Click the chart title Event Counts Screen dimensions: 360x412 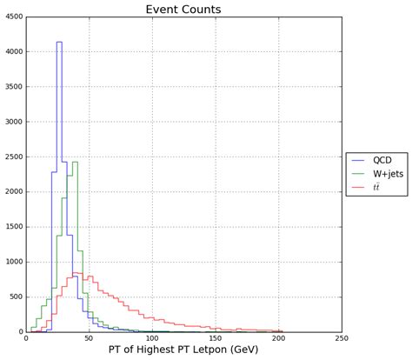pyautogui.click(x=183, y=10)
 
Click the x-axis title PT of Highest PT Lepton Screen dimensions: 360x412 pyautogui.click(x=183, y=350)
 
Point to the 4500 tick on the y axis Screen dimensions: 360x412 pyautogui.click(x=13, y=17)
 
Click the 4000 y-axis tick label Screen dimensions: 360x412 pyautogui.click(x=13, y=52)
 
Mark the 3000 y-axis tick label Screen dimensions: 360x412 pyautogui.click(x=13, y=122)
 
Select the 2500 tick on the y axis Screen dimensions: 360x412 pyautogui.click(x=13, y=157)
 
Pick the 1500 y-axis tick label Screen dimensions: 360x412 pyautogui.click(x=13, y=227)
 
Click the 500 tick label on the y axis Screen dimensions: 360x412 pyautogui.click(x=16, y=297)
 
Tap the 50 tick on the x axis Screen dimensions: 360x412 pyautogui.click(x=89, y=338)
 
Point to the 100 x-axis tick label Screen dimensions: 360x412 pyautogui.click(x=152, y=338)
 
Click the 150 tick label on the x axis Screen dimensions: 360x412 pyautogui.click(x=216, y=338)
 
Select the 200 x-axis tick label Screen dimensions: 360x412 pyautogui.click(x=278, y=338)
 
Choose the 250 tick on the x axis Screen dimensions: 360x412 pyautogui.click(x=342, y=338)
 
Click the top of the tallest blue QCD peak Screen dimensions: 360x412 pyautogui.click(x=59, y=42)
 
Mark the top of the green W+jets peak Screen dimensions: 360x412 pyautogui.click(x=75, y=162)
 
